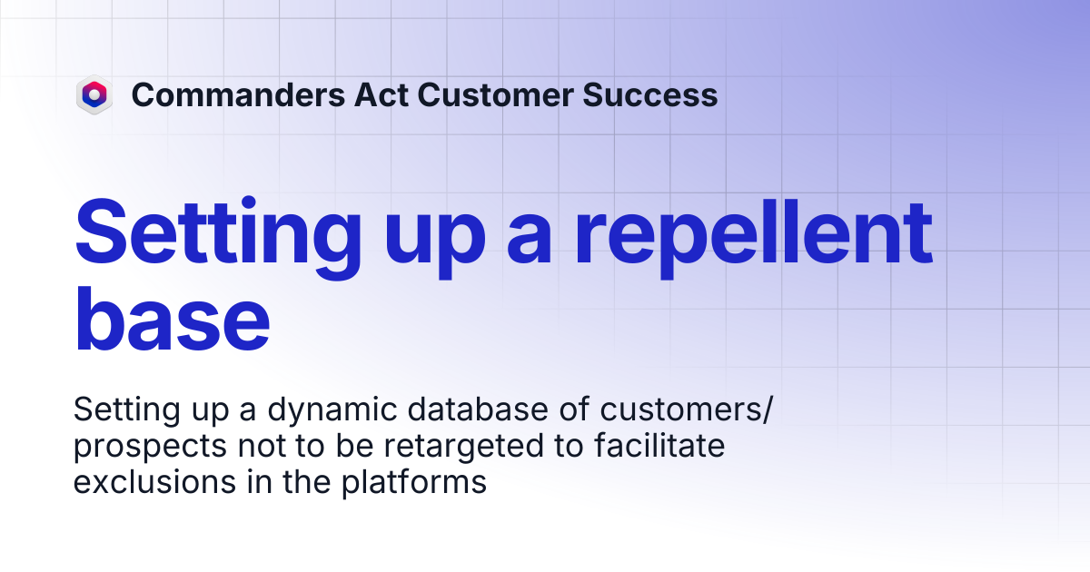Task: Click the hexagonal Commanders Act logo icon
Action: [94, 94]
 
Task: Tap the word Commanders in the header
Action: [238, 94]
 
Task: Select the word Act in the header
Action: [381, 94]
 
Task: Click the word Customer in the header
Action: [495, 94]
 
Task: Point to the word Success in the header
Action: [650, 94]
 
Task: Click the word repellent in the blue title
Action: [754, 237]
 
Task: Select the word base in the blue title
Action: [172, 319]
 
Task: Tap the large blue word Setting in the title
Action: [218, 237]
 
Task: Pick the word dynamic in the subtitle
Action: [332, 410]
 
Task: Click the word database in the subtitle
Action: [478, 409]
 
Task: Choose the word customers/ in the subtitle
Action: [686, 409]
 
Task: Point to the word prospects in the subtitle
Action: [150, 447]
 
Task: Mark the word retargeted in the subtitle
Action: [464, 447]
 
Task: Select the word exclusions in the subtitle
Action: [154, 481]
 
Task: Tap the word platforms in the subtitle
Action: [413, 482]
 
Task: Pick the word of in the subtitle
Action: [574, 409]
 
